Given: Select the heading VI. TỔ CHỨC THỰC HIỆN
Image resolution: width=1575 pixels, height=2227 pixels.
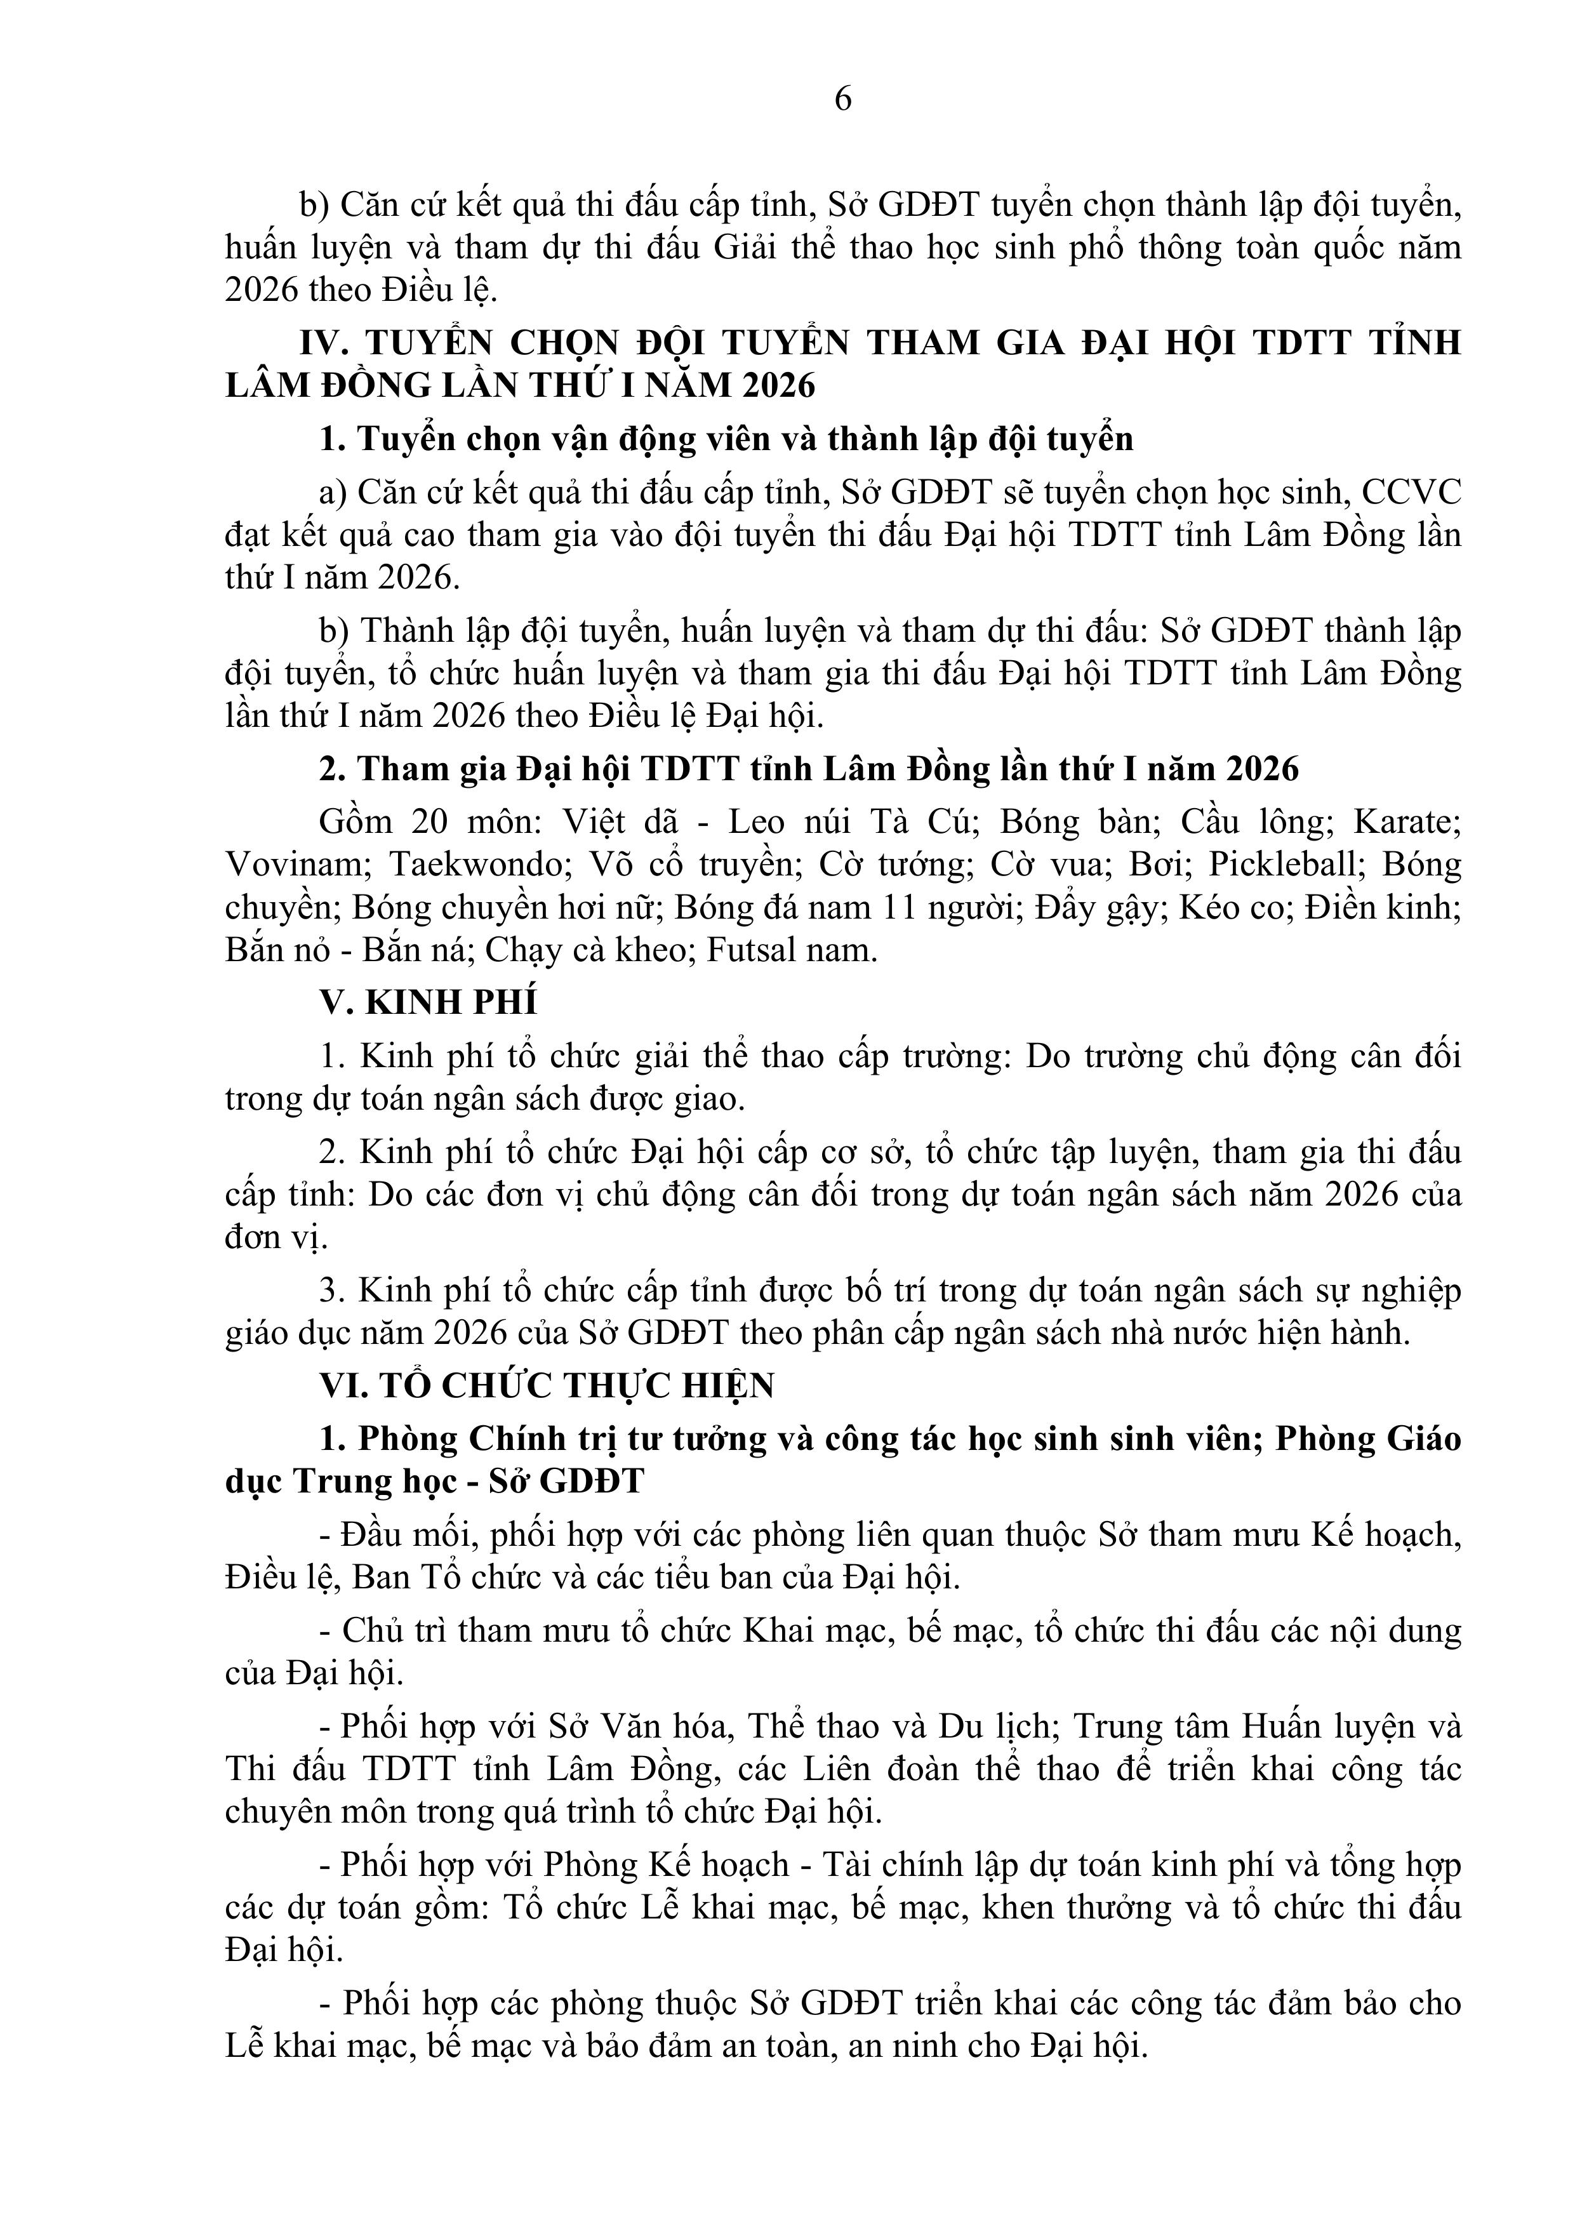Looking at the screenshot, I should [547, 1386].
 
